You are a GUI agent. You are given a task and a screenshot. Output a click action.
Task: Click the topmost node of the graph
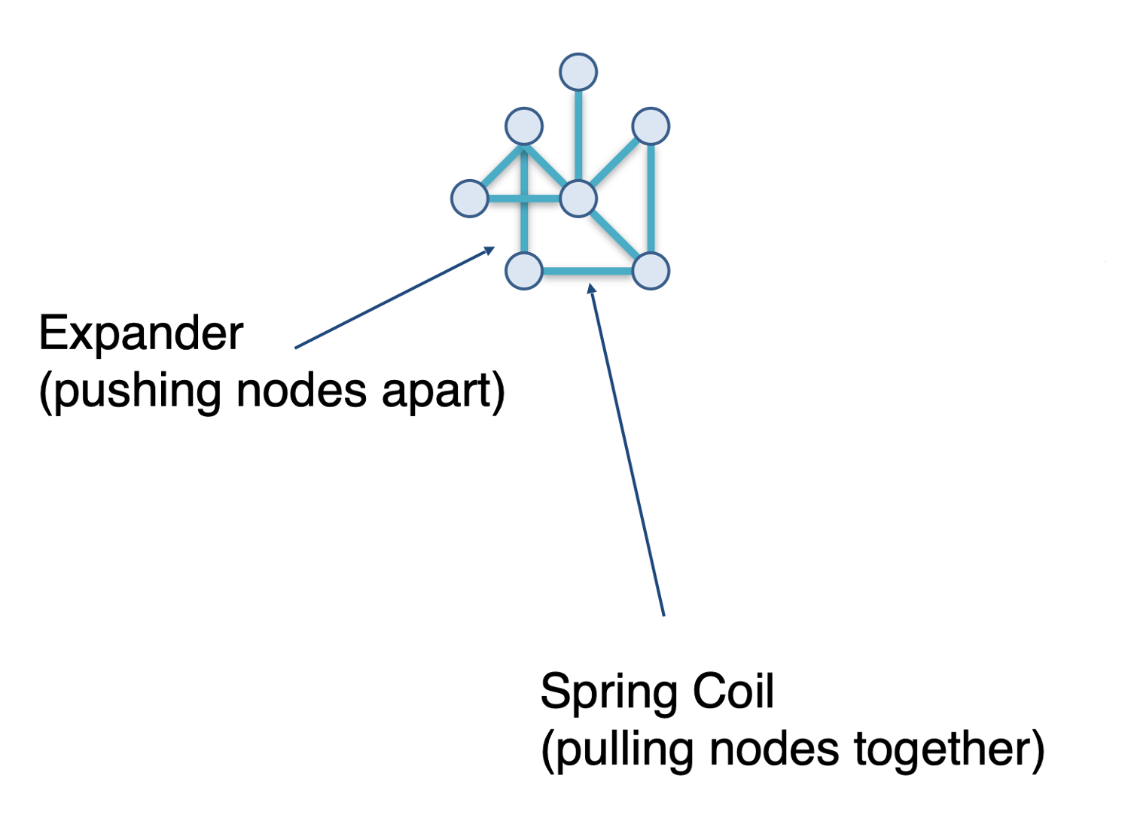point(578,72)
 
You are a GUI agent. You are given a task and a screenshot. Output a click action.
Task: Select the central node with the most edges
point(578,199)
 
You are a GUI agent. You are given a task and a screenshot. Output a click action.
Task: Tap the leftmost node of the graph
point(470,199)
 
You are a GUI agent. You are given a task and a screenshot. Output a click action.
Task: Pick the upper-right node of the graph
point(651,126)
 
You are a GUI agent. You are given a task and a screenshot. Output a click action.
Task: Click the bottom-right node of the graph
point(651,271)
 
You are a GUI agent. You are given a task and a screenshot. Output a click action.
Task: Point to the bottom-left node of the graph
point(524,271)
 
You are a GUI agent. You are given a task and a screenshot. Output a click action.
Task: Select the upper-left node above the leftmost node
point(524,126)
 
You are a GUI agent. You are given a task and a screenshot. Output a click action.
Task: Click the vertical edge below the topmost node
point(578,135)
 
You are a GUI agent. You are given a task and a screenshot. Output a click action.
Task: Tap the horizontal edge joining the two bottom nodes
point(587,271)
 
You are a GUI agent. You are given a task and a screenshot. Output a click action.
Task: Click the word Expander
point(141,333)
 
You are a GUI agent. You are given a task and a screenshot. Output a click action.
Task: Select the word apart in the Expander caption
point(442,391)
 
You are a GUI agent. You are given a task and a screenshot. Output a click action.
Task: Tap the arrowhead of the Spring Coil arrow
point(591,288)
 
